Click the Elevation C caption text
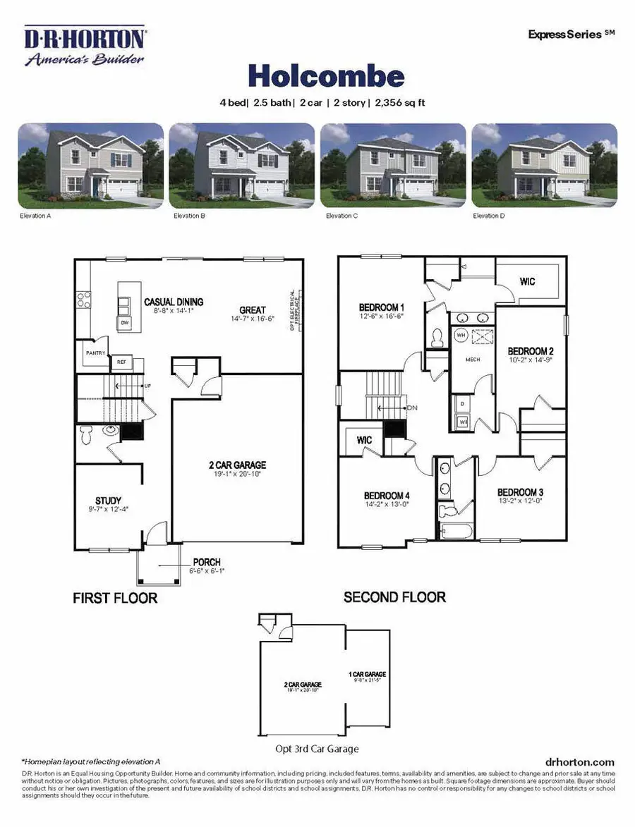341,216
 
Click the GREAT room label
252,310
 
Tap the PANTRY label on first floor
95,353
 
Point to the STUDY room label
108,501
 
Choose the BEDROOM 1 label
381,307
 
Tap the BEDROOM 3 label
519,492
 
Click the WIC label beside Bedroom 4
364,440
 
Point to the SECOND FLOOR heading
394,597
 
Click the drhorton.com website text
580,762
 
